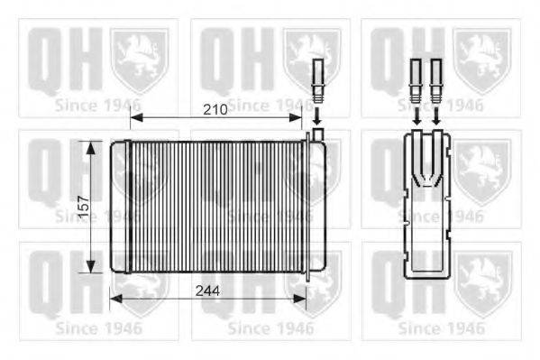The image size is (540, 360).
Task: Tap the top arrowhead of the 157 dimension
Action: click(x=90, y=144)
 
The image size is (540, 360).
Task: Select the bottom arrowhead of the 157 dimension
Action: click(x=90, y=268)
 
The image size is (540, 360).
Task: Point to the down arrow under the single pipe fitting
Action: click(x=316, y=115)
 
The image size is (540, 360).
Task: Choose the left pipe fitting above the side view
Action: click(x=416, y=77)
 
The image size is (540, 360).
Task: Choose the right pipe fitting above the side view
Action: click(x=435, y=77)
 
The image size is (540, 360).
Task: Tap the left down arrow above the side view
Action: click(x=416, y=115)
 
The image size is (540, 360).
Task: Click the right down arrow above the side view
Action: click(x=435, y=115)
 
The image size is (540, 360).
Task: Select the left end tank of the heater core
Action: click(x=120, y=207)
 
